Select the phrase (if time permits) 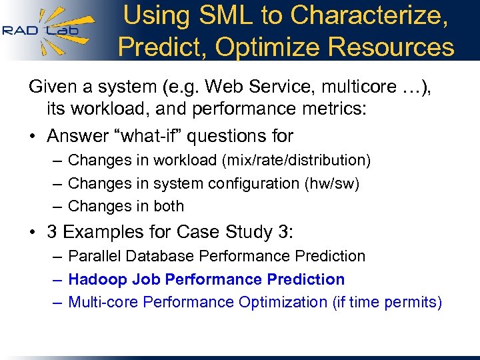tap(387, 302)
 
